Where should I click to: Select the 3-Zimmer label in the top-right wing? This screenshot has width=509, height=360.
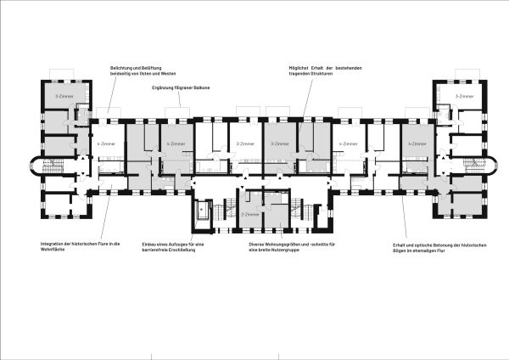pyautogui.click(x=463, y=97)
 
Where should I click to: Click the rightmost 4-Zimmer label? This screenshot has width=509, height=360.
pyautogui.click(x=416, y=144)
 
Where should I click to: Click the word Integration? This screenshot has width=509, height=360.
pyautogui.click(x=53, y=245)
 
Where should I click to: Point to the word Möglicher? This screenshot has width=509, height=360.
pyautogui.click(x=301, y=66)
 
